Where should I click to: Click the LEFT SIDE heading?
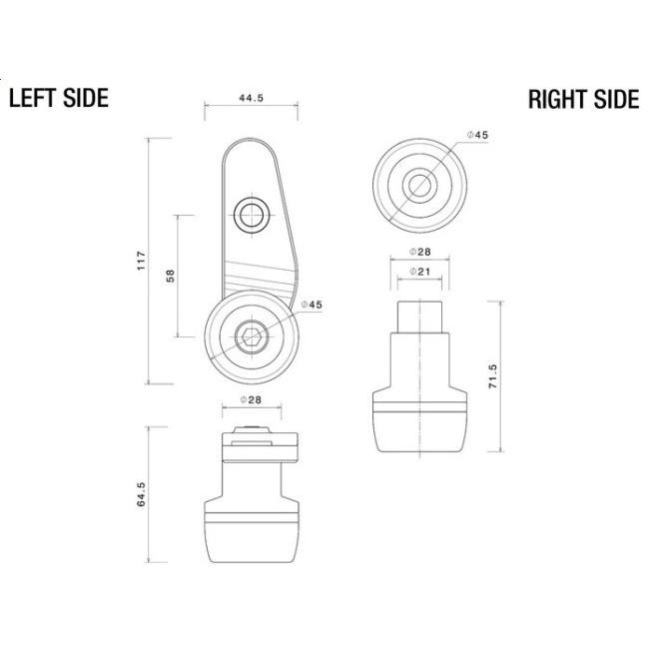(x=59, y=98)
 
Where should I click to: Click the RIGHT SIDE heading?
(x=584, y=99)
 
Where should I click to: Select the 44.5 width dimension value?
(x=252, y=98)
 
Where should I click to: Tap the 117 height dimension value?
(x=142, y=261)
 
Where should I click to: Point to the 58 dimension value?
(x=170, y=276)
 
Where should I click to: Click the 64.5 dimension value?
(x=141, y=494)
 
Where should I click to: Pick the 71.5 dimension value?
(x=493, y=376)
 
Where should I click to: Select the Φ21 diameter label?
(x=420, y=272)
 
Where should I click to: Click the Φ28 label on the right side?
(x=420, y=252)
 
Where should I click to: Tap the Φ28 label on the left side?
(x=252, y=399)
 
